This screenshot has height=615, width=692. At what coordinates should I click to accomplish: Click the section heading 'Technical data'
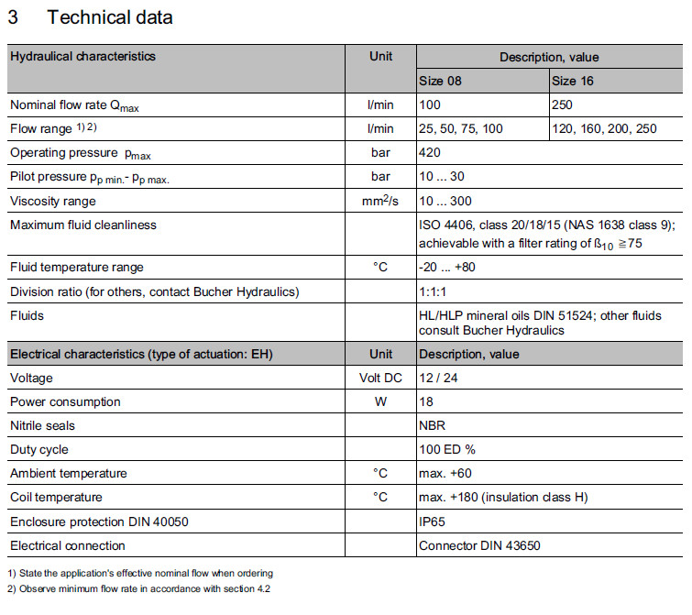109,17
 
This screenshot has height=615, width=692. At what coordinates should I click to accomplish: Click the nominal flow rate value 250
562,105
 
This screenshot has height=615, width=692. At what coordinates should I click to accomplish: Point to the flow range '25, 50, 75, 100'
461,129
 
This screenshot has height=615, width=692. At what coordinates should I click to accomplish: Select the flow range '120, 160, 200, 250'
605,129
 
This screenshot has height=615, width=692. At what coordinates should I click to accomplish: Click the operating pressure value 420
429,153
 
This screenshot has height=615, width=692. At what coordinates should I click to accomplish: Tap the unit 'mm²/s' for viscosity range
380,201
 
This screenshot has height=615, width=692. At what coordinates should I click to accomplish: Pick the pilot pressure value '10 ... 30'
443,177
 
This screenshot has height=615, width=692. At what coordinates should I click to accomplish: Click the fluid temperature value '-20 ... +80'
447,267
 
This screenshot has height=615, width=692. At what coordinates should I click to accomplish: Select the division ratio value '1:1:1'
433,291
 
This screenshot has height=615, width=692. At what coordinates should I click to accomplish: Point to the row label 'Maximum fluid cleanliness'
83,225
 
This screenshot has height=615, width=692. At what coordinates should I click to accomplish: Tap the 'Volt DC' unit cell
380,378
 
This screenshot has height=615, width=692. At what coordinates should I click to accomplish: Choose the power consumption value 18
425,401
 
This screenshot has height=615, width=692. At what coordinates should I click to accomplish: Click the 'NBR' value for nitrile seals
432,425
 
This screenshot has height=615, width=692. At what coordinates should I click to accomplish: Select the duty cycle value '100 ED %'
447,450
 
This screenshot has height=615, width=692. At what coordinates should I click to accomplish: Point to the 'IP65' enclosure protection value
432,522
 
